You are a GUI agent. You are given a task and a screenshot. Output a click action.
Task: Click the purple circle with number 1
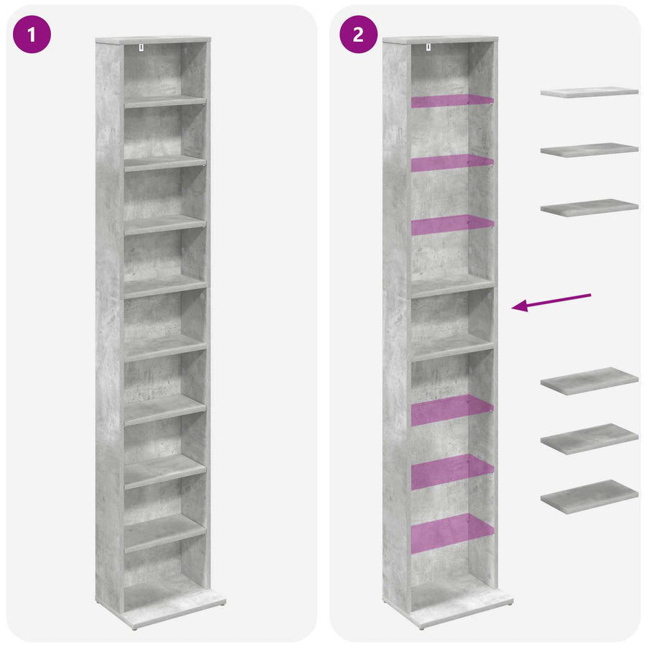tap(32, 35)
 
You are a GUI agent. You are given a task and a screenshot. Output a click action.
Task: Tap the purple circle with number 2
tap(358, 35)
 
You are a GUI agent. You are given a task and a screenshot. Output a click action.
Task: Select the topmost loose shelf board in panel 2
tap(589, 92)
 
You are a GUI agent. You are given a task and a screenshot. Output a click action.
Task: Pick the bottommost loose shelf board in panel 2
tap(589, 497)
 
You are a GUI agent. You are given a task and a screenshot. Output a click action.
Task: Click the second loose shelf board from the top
tap(589, 150)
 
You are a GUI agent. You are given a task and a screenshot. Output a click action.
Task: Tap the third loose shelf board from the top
tap(589, 208)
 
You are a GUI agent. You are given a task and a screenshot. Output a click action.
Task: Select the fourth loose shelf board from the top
tap(589, 381)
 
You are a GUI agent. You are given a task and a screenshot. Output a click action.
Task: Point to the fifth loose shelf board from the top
tap(589, 439)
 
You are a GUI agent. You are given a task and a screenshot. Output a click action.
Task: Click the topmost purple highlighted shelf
tap(452, 101)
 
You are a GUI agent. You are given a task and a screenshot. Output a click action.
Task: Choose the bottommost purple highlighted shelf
tap(452, 533)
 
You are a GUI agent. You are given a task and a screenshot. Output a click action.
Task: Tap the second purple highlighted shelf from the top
tap(452, 162)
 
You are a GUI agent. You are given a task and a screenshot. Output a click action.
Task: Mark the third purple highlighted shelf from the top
tap(452, 225)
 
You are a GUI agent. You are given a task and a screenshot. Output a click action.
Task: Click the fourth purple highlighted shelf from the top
tap(452, 410)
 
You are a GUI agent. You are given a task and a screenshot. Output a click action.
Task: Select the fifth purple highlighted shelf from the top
tap(452, 472)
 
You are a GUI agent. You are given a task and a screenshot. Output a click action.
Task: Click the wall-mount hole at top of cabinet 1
tap(141, 47)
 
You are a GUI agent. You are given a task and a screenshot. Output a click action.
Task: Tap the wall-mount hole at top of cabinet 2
tap(428, 47)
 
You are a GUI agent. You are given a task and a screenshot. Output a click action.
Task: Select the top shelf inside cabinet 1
tap(165, 101)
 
